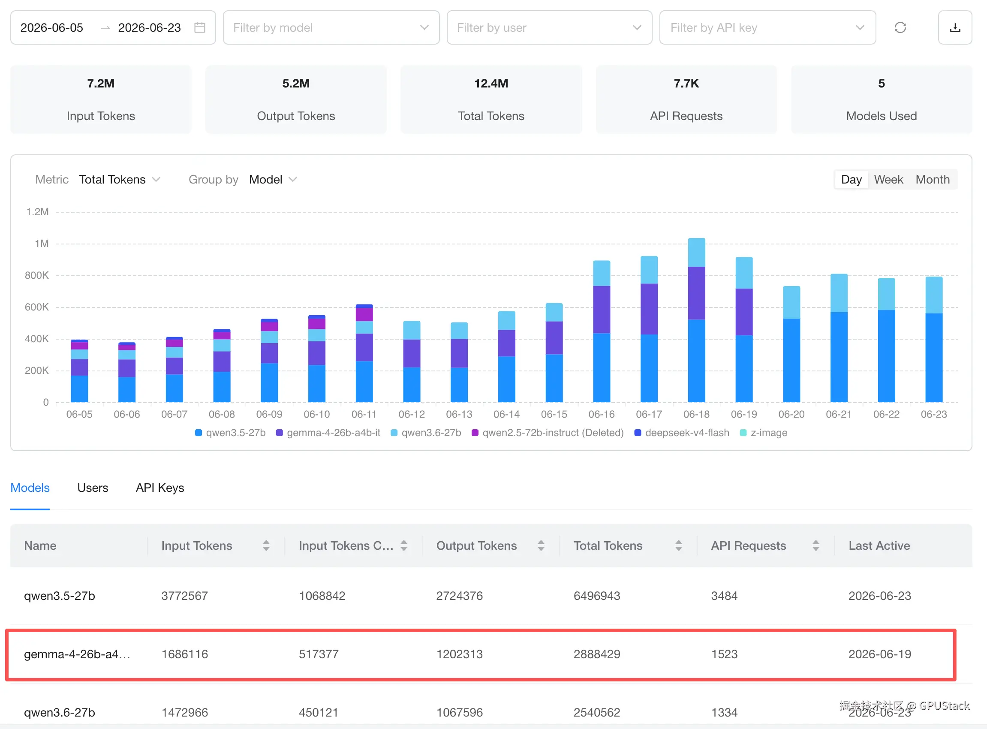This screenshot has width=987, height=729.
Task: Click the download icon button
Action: click(x=955, y=28)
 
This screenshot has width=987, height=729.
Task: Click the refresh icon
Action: click(x=900, y=28)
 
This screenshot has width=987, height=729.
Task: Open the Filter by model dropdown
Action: click(x=331, y=28)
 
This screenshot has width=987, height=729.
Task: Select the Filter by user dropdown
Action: click(x=549, y=28)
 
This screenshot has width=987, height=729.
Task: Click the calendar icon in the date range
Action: click(x=200, y=28)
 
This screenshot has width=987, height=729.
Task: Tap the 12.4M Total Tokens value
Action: click(x=491, y=83)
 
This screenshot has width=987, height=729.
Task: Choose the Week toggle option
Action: click(x=889, y=180)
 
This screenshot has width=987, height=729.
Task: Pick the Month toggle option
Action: click(x=932, y=180)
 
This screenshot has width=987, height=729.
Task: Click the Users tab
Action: click(x=93, y=488)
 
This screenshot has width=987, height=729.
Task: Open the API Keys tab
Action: click(x=160, y=488)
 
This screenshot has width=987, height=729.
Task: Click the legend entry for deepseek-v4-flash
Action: click(x=682, y=432)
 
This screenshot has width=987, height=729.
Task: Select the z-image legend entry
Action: click(x=764, y=432)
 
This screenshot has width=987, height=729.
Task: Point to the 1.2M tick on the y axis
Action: click(x=37, y=212)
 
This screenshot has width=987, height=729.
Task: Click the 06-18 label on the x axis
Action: click(x=696, y=414)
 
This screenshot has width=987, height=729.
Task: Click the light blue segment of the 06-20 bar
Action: click(x=791, y=302)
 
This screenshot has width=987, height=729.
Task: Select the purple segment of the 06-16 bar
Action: click(x=602, y=309)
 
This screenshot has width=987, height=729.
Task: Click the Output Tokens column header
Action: click(x=476, y=546)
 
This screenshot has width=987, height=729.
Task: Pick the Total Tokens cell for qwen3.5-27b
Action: click(x=597, y=596)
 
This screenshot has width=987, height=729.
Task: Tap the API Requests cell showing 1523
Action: click(x=724, y=654)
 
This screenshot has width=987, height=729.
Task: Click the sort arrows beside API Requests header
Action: click(x=816, y=546)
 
